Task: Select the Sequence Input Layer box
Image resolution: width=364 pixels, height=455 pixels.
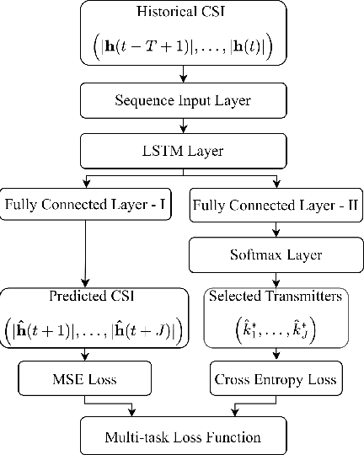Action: click(x=182, y=101)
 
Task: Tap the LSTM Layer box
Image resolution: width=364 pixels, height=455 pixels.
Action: click(x=182, y=152)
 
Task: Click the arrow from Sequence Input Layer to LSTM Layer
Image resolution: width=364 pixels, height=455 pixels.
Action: click(x=182, y=126)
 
